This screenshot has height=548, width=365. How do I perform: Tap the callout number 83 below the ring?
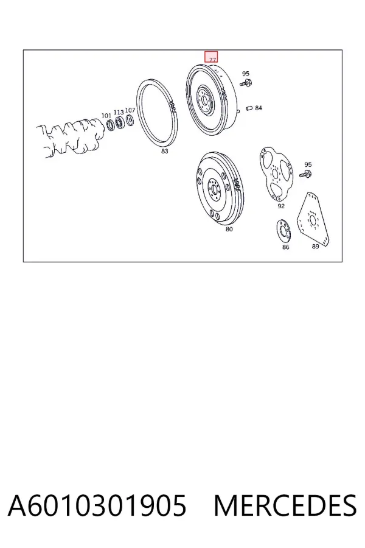(164, 151)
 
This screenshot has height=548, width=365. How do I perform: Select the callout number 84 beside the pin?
(258, 108)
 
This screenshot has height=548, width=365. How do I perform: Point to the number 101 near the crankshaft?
(106, 115)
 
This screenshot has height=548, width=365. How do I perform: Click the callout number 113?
(119, 112)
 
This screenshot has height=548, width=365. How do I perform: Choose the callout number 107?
(130, 110)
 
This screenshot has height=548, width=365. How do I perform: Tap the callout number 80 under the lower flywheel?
(229, 229)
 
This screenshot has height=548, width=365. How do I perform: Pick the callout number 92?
(281, 206)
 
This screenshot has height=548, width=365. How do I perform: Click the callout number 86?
(286, 247)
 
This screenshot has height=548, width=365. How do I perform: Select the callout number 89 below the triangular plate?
(315, 246)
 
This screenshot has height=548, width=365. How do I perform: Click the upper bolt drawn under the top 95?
(246, 83)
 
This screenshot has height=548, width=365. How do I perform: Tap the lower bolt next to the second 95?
(305, 174)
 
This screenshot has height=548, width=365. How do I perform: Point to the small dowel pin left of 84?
(249, 108)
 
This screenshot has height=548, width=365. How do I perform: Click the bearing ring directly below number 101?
(110, 125)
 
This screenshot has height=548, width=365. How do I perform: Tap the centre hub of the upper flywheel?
(204, 99)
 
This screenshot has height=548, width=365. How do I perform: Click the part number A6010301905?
(97, 505)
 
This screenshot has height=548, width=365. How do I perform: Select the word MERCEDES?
(285, 505)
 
